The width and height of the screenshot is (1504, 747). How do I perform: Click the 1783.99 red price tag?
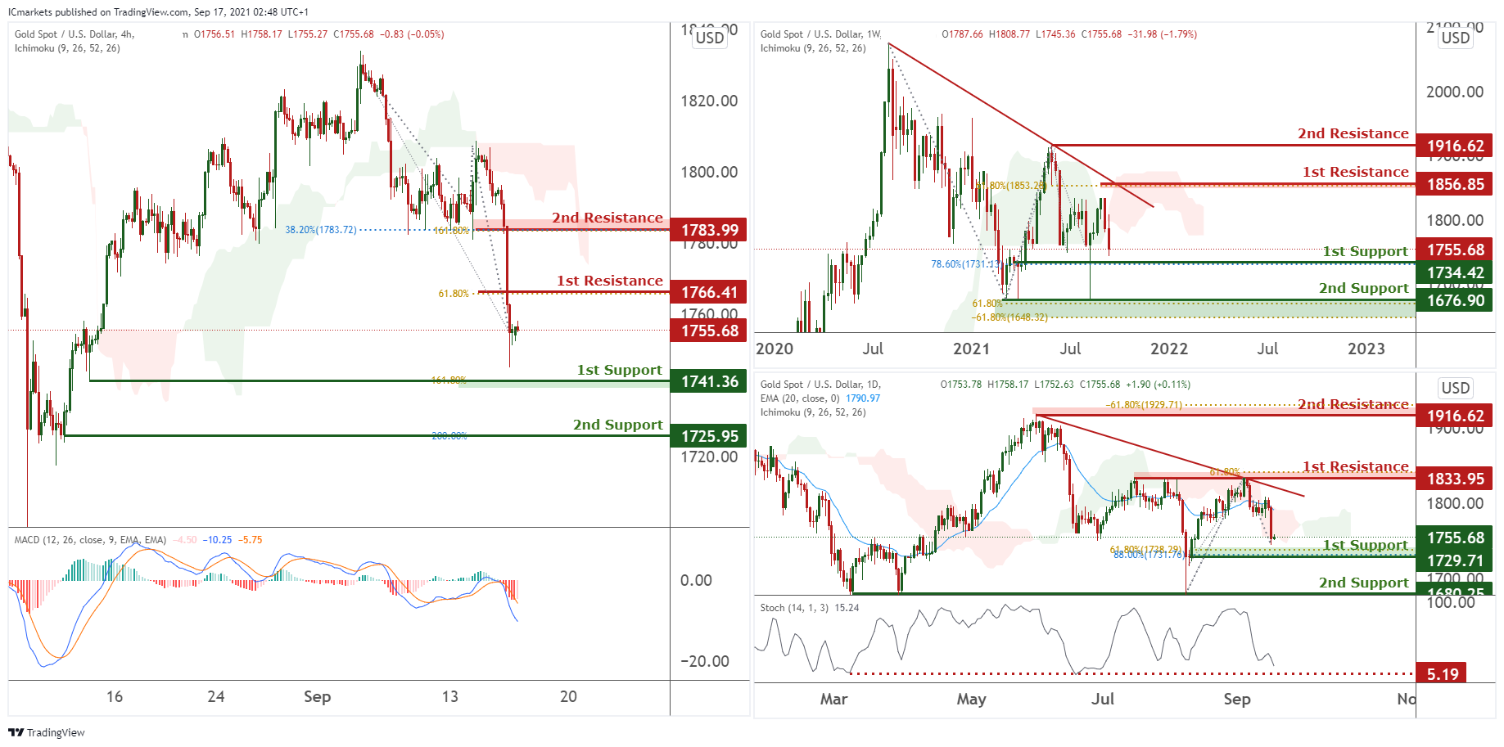pos(709,230)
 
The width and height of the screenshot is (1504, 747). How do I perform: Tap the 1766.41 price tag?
pos(709,292)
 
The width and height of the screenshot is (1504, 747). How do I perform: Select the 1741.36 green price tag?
pos(709,381)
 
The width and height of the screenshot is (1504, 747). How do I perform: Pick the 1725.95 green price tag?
pos(709,436)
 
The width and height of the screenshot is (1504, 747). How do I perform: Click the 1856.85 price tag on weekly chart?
pos(1455,184)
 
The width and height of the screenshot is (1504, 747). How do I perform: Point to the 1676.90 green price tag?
pos(1455,300)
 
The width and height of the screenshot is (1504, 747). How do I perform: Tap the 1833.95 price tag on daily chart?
pos(1455,479)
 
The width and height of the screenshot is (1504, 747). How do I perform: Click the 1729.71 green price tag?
pos(1455,560)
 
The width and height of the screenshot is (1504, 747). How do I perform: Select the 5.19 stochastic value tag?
pos(1442,674)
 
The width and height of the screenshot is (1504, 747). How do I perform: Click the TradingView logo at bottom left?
pos(47,732)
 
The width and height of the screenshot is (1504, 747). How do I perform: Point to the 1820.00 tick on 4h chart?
pos(709,101)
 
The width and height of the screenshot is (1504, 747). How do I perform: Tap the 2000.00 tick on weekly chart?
pos(1455,92)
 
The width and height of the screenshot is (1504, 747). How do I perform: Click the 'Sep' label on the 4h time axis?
pos(317,696)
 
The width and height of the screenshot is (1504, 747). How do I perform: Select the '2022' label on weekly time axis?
pos(1168,349)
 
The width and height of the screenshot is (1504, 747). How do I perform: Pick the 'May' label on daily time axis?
pos(971,699)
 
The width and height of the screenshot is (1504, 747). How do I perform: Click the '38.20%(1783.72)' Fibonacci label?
pos(320,230)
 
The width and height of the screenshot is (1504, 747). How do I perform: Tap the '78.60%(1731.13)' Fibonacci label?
pos(965,264)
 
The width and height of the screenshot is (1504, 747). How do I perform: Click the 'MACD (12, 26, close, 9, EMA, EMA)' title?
pos(90,540)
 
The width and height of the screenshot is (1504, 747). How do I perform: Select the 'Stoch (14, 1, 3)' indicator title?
pos(794,608)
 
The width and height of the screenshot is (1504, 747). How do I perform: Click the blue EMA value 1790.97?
pos(863,398)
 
